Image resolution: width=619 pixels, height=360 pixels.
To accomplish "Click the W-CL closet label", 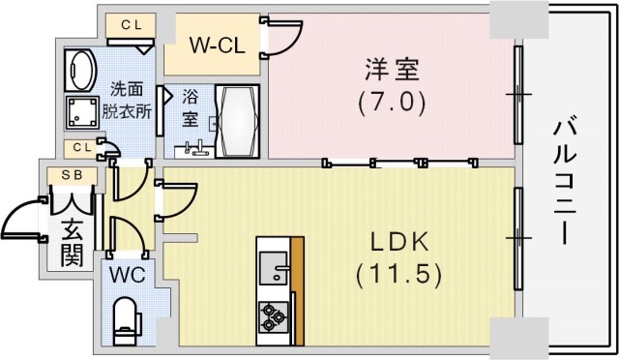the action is tap(217, 45).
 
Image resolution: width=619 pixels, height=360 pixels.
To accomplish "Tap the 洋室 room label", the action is tap(392, 70).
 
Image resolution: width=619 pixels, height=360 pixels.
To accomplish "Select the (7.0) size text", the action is tap(392, 103).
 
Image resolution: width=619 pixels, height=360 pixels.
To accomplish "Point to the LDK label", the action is tap(399, 242).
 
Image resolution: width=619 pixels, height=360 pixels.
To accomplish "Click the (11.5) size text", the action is tap(398, 274).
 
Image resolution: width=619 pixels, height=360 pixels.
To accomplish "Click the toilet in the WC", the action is tap(127, 321).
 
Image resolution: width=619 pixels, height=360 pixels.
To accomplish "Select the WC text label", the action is tap(127, 275).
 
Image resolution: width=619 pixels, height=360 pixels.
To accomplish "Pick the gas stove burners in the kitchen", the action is tap(273, 316).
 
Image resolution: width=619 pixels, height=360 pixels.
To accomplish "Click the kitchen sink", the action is tap(274, 267).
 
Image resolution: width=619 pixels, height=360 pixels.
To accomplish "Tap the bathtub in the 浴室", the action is tap(237, 121).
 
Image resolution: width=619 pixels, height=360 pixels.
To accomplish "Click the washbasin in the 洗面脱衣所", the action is tap(80, 71).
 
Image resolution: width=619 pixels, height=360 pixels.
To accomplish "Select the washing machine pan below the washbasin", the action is tap(82, 112).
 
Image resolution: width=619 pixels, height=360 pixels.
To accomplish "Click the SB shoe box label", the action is tap(72, 175).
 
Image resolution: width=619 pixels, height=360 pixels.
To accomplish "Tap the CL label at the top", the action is tap(132, 25).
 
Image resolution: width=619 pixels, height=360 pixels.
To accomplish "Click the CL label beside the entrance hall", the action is tap(82, 147).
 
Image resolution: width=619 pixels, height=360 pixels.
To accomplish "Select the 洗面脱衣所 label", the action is tap(127, 101).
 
